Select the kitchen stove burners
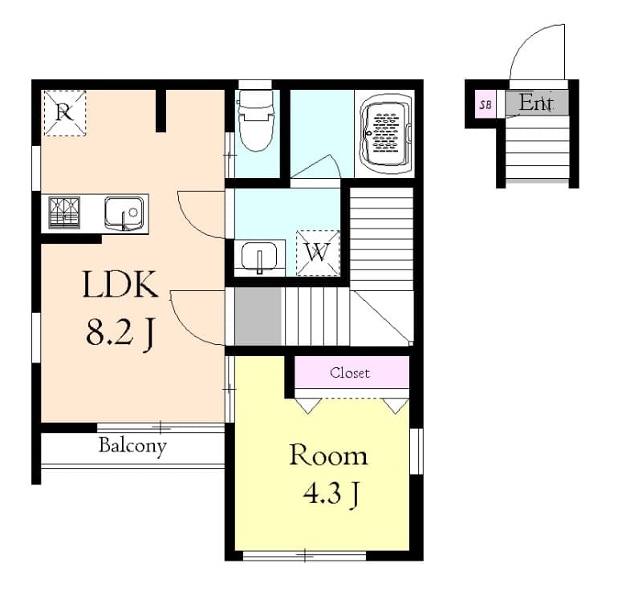click(x=63, y=213)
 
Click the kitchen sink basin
click(x=124, y=213)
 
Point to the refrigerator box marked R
click(x=64, y=112)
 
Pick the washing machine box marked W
click(x=318, y=253)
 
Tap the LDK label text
click(x=120, y=285)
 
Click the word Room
click(x=328, y=455)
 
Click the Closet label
click(x=350, y=373)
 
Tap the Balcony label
click(x=132, y=446)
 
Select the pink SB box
click(x=485, y=104)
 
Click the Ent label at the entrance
click(x=536, y=103)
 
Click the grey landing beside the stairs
click(x=258, y=316)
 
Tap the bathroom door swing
click(x=317, y=167)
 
